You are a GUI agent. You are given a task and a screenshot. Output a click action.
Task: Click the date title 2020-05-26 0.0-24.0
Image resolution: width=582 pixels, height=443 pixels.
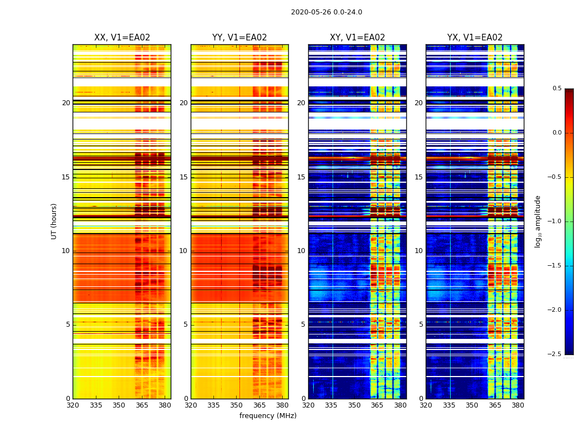(x=326, y=12)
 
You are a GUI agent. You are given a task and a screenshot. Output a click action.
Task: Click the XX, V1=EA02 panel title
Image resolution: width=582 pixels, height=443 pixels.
(x=122, y=38)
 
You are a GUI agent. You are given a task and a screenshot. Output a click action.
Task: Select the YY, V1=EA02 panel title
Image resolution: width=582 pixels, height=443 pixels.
(x=239, y=38)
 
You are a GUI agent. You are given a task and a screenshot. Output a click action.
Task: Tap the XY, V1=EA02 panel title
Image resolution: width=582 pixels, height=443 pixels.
(x=358, y=38)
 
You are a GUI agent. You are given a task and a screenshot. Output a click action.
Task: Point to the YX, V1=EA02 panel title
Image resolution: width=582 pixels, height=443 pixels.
(x=475, y=38)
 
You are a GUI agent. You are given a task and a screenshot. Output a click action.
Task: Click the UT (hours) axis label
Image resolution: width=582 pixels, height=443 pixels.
(x=54, y=221)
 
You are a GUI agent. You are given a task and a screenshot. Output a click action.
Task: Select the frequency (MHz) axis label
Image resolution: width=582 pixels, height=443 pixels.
(x=268, y=416)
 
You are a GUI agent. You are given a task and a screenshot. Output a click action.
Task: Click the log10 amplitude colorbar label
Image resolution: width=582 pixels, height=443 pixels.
(x=538, y=221)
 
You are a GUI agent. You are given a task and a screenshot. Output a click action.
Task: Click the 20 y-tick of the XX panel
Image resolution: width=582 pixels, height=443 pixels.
(x=66, y=103)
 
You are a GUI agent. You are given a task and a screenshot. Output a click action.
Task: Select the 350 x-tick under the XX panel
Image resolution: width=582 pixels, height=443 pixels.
(x=119, y=405)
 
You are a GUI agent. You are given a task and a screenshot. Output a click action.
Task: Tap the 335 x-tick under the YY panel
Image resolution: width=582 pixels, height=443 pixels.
(x=213, y=405)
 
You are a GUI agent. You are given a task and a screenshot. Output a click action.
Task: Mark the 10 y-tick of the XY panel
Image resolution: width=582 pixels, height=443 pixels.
(x=301, y=251)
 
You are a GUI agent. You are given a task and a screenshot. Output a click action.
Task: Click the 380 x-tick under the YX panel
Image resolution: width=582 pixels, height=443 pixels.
(x=518, y=405)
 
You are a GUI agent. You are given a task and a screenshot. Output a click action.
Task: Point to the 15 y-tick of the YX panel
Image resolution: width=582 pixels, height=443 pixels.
(x=418, y=177)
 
